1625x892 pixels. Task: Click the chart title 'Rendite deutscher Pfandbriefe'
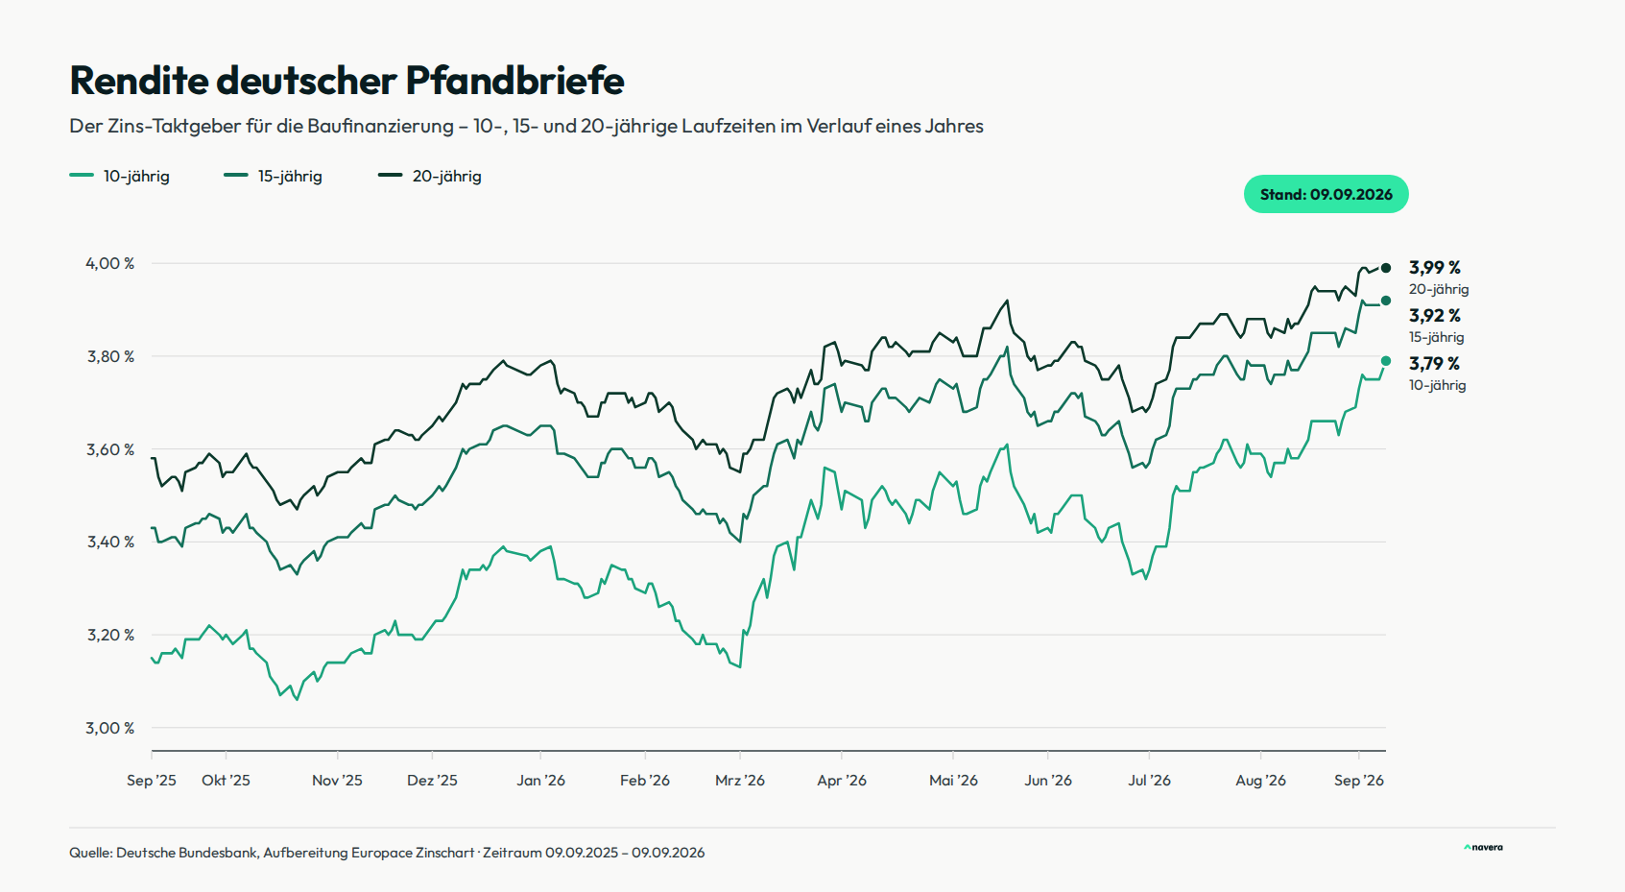pyautogui.click(x=347, y=80)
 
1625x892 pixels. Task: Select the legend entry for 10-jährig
pyautogui.click(x=120, y=176)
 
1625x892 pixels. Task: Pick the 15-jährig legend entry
pyautogui.click(x=273, y=176)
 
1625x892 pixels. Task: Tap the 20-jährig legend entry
pyautogui.click(x=429, y=176)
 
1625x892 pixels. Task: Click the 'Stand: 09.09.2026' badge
pyautogui.click(x=1326, y=194)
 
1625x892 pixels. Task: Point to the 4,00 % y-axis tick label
pyautogui.click(x=110, y=263)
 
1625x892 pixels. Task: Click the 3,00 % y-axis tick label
pyautogui.click(x=110, y=728)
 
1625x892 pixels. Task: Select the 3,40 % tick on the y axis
pyautogui.click(x=110, y=542)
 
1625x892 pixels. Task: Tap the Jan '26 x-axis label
pyautogui.click(x=540, y=781)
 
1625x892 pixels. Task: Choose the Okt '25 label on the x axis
pyautogui.click(x=226, y=781)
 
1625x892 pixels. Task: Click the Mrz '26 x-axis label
pyautogui.click(x=740, y=781)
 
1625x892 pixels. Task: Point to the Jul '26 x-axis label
pyautogui.click(x=1149, y=781)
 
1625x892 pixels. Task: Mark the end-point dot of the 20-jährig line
pyautogui.click(x=1386, y=268)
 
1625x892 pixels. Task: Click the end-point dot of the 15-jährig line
pyautogui.click(x=1386, y=301)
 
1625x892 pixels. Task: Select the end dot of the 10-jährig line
pyautogui.click(x=1386, y=361)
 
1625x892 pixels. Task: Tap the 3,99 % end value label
pyautogui.click(x=1435, y=268)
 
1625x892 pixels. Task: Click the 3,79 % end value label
pyautogui.click(x=1434, y=364)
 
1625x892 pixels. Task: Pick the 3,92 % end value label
pyautogui.click(x=1435, y=316)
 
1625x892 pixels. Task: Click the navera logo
pyautogui.click(x=1484, y=847)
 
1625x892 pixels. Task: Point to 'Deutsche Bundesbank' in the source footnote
pyautogui.click(x=186, y=852)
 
